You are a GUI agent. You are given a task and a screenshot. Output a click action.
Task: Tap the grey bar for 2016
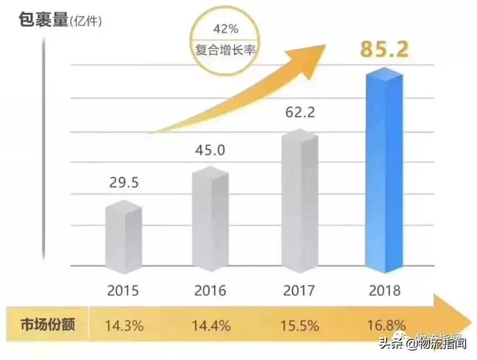point(210,220)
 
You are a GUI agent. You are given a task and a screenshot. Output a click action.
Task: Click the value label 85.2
point(384,49)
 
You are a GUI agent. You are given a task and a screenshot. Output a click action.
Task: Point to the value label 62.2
point(300,114)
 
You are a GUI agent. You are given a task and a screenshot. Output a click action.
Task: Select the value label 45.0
point(210,150)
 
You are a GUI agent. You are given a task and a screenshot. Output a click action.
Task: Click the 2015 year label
point(123,290)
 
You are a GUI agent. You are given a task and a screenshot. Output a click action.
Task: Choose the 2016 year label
point(210,290)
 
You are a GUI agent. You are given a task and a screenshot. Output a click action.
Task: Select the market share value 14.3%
point(124,325)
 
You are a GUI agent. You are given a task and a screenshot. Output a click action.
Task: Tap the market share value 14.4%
point(210,325)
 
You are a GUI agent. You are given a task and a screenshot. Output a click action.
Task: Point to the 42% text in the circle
point(226,27)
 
